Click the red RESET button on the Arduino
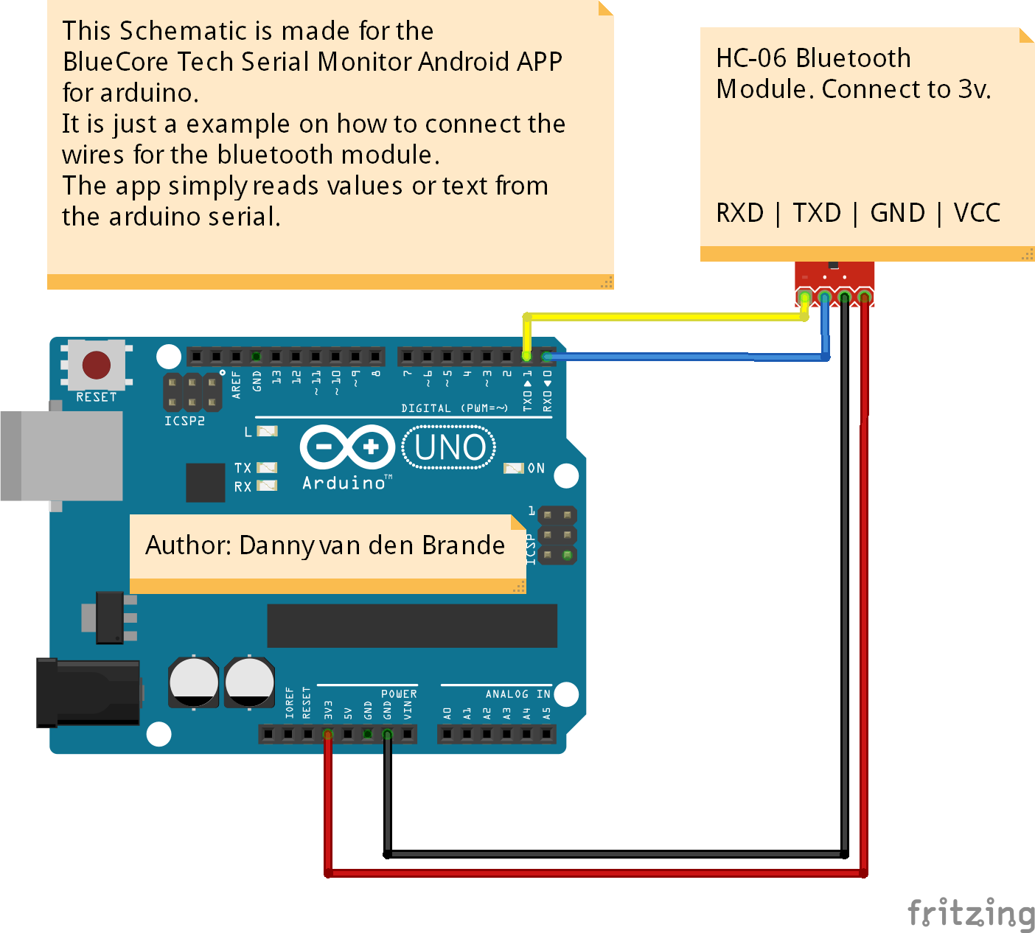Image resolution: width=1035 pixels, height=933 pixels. pos(97,365)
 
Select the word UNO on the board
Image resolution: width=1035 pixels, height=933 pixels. pos(450,447)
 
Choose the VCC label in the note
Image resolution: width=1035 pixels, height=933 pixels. pos(977,213)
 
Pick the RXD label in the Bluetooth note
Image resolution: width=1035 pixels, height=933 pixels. pos(739,213)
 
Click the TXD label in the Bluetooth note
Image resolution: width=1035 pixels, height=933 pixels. pos(817,213)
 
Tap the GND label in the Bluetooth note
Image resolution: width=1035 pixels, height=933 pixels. pos(897,213)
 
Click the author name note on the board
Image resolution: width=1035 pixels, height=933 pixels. pos(325,546)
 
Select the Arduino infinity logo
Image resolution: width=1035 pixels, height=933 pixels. pos(347,447)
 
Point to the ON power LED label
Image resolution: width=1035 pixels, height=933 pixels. pos(536,468)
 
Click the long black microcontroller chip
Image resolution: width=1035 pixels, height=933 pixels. pos(411,626)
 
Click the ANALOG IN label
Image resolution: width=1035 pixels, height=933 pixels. pos(517,694)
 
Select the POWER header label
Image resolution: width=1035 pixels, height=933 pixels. pos(399,694)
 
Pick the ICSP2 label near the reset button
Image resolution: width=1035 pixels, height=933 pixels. pos(184,421)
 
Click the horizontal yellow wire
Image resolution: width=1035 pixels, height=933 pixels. pos(663,317)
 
